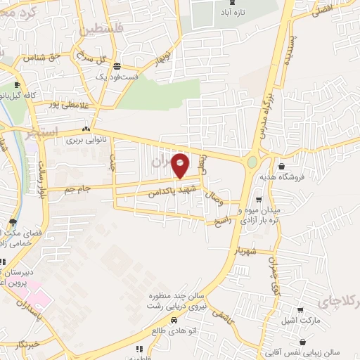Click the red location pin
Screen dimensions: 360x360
pos(181,166)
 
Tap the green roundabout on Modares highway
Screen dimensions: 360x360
pos(252,162)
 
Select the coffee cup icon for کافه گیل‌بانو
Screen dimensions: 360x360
pos(18,85)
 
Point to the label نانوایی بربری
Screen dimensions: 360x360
pos(85,140)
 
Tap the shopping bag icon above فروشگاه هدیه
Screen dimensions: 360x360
pos(281,167)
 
